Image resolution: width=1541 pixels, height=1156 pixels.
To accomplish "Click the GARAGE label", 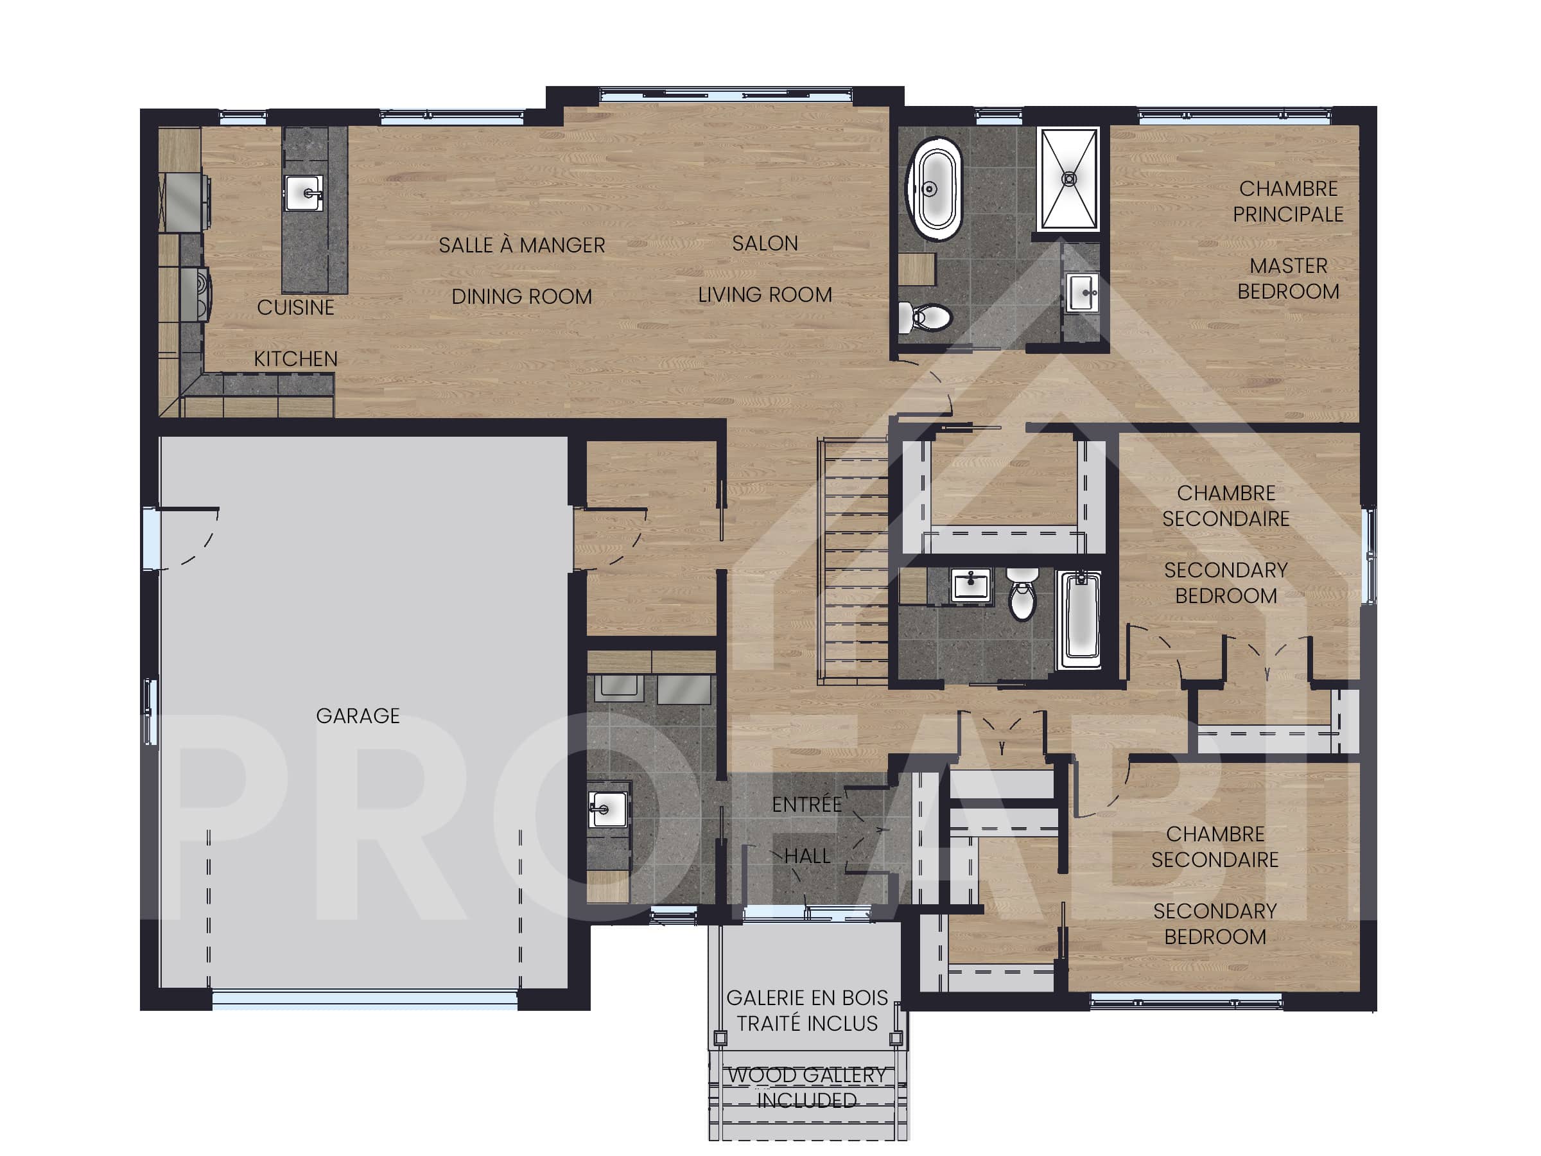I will point(358,715).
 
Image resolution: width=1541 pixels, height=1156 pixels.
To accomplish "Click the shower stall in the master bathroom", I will point(1068,179).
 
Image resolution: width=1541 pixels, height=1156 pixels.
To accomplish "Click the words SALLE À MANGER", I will point(521,245).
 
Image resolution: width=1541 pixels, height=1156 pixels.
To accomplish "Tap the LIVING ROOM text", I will point(764,295).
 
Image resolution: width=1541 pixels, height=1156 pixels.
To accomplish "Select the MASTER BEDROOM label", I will point(1287,278).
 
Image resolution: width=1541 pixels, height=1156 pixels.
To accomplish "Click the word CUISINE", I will point(295,307).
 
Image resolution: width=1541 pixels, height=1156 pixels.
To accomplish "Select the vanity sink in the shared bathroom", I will point(970,584).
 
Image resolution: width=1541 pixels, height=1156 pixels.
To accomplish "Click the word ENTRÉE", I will point(806,805).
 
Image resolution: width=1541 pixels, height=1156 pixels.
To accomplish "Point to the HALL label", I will point(806,855).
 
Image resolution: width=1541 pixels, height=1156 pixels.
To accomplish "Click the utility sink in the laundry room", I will point(607,809).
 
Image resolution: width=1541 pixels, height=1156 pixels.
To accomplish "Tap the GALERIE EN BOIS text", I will point(806,998).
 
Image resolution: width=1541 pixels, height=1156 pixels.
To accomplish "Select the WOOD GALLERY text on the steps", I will point(806,1075).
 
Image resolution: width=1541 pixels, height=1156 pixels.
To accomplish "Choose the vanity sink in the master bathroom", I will point(1082,292).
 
